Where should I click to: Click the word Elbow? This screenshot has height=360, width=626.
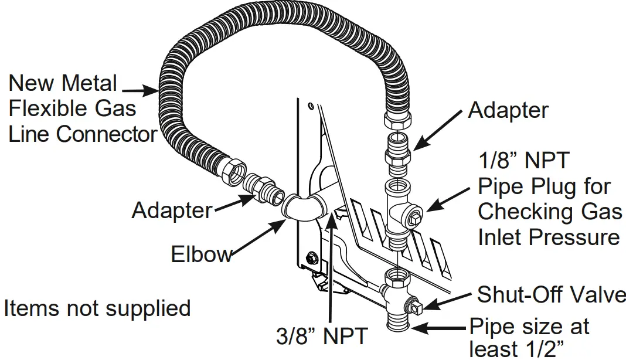[x=201, y=254]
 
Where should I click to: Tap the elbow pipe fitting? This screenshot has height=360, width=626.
[x=304, y=206]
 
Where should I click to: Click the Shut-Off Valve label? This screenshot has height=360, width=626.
[x=551, y=295]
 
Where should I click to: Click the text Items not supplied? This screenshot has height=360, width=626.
[x=97, y=308]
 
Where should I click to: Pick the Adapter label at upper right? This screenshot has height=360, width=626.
[x=508, y=111]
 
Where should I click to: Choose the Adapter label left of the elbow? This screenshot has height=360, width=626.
[x=172, y=210]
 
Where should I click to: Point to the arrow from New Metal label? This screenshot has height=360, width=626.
[x=140, y=90]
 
